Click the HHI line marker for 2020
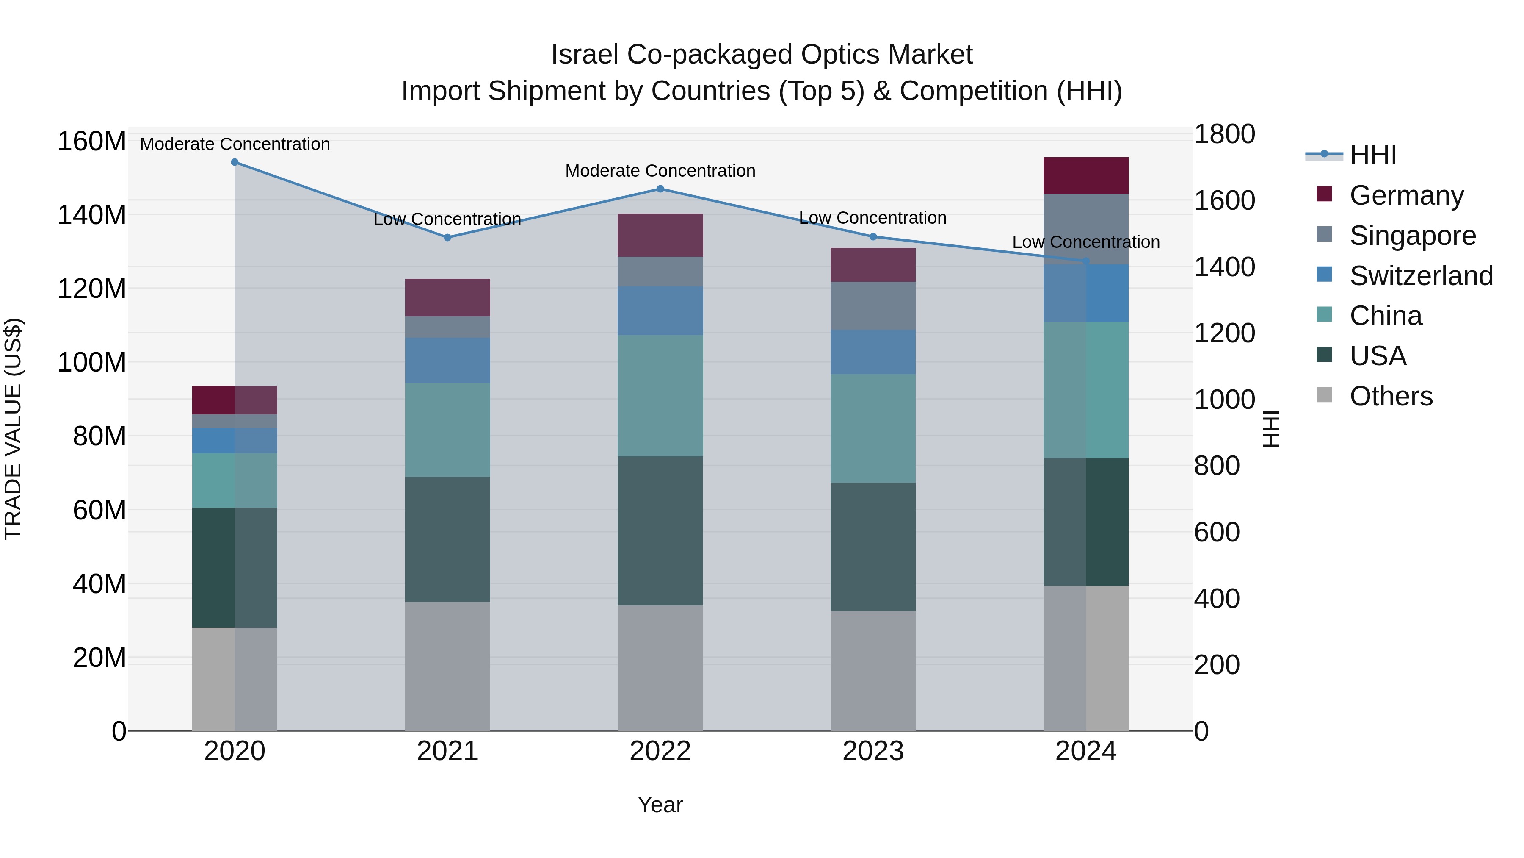[235, 162]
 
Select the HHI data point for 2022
[660, 189]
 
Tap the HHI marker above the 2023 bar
[873, 237]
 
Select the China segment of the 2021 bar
[447, 430]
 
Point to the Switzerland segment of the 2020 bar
[235, 441]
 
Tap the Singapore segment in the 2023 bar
[873, 305]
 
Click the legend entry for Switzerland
[1421, 276]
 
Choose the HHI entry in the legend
[1372, 155]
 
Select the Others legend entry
[1390, 396]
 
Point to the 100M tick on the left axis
[92, 362]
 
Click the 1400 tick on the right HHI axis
[1223, 267]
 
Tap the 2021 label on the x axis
[447, 751]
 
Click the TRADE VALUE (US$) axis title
[14, 429]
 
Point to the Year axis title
[660, 805]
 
